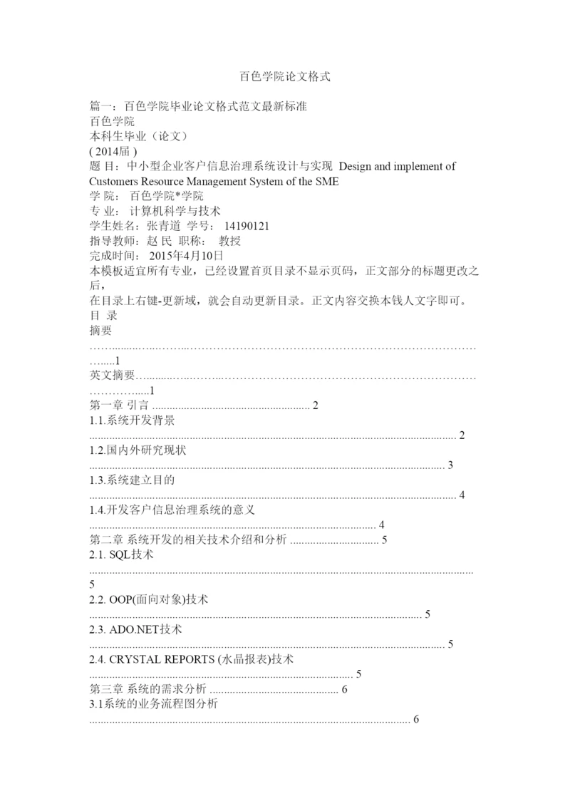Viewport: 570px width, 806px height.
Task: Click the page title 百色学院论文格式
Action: coord(285,76)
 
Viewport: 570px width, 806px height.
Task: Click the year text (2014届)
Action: coord(113,151)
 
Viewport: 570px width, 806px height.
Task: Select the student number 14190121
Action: coord(246,226)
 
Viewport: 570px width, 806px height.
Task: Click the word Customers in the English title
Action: coord(117,181)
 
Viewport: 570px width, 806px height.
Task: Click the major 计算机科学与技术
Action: coord(175,211)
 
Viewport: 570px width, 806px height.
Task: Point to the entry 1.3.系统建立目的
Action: coord(133,480)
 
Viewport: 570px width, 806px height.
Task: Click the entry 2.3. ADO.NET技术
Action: coord(135,630)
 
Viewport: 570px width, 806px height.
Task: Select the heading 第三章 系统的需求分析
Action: coord(147,689)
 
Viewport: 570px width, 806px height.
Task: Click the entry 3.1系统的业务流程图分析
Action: coord(153,704)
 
